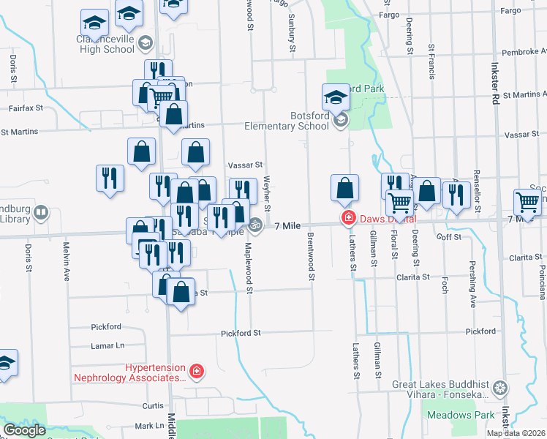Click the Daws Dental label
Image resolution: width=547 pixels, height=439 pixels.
point(388,219)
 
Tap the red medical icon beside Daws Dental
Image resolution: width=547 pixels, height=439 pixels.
point(350,218)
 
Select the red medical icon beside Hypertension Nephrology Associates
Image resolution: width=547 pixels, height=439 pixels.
point(195,373)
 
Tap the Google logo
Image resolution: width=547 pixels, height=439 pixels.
point(24,430)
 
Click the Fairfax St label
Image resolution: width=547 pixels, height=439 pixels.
point(26,108)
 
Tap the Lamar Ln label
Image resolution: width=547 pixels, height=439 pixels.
point(107,345)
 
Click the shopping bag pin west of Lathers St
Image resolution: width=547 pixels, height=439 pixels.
point(344,189)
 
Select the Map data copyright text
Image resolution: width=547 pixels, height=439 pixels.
point(516,433)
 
